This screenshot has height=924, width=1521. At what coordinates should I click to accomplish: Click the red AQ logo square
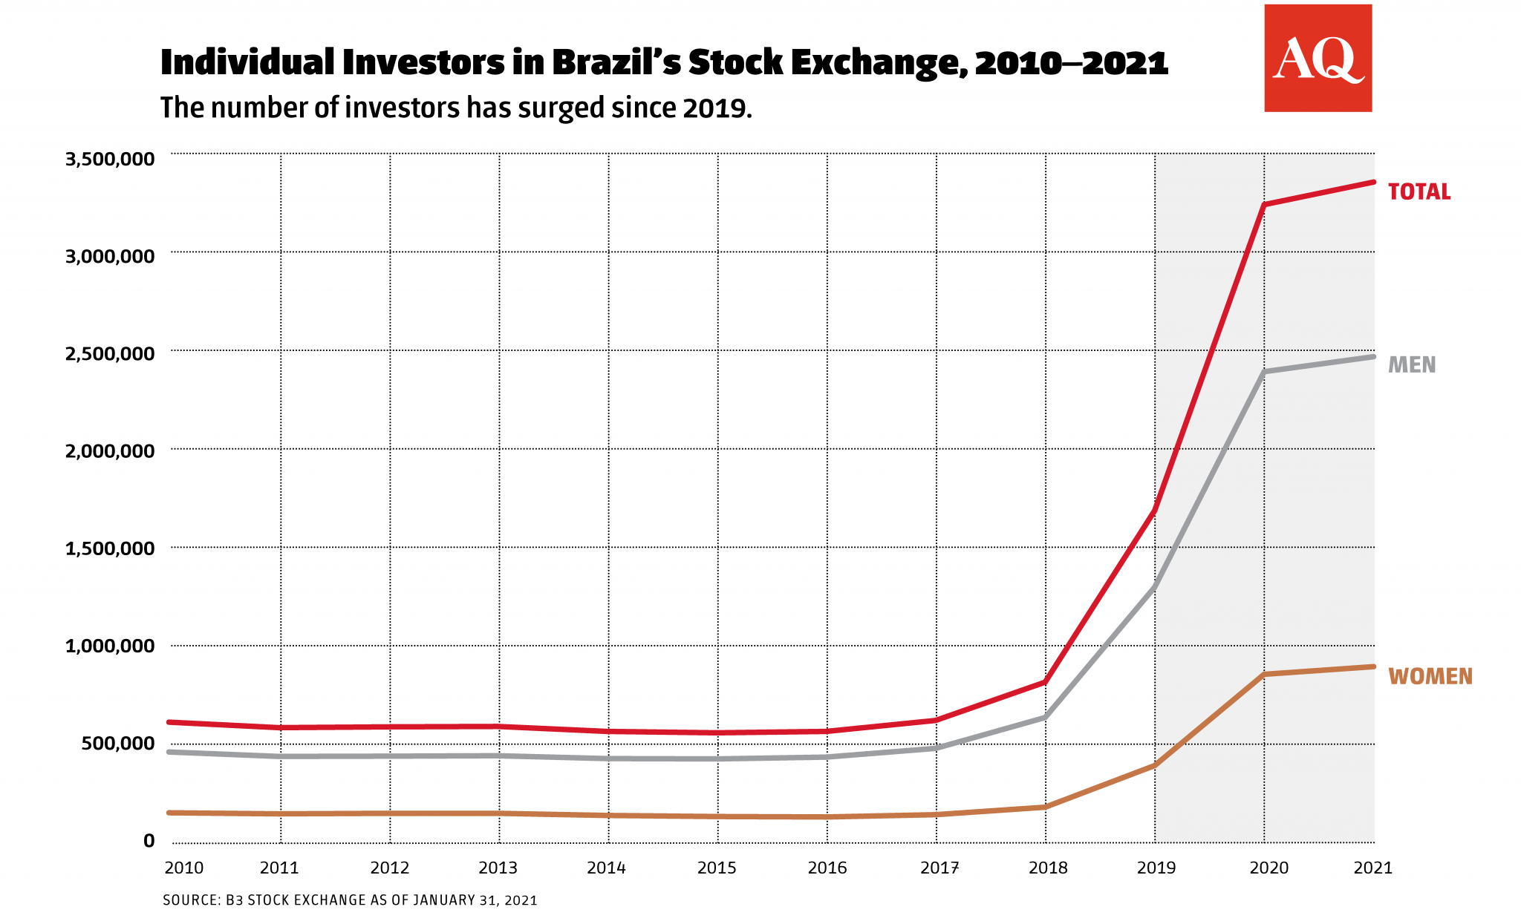[1318, 58]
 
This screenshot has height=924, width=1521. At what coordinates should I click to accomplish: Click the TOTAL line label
[1419, 192]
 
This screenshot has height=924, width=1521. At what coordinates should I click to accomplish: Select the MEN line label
[1411, 365]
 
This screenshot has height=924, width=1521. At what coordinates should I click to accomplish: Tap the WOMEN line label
[1430, 677]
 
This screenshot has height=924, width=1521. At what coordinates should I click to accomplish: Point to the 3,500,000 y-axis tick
[110, 159]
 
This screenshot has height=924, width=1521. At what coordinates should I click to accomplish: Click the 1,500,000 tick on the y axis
[110, 548]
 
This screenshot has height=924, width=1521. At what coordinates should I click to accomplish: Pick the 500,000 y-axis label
[119, 743]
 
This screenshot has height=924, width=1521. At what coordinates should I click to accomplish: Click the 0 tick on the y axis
[149, 841]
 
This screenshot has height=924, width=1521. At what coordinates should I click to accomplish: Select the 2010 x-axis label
[183, 868]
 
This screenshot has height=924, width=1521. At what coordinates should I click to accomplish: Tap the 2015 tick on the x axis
[717, 868]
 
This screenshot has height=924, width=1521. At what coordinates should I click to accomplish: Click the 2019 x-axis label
[1156, 868]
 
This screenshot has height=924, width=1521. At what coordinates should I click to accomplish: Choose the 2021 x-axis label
[1372, 868]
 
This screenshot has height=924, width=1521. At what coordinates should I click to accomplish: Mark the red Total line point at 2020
[1264, 205]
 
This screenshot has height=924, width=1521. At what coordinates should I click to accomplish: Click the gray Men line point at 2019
[1155, 587]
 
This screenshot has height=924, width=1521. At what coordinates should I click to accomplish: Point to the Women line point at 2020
[1264, 674]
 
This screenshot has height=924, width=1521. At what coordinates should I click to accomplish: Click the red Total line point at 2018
[1046, 682]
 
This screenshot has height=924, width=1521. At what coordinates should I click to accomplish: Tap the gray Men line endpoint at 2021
[1373, 356]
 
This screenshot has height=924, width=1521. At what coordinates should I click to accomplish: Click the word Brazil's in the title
[616, 62]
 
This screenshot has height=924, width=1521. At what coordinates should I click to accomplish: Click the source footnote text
[350, 900]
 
